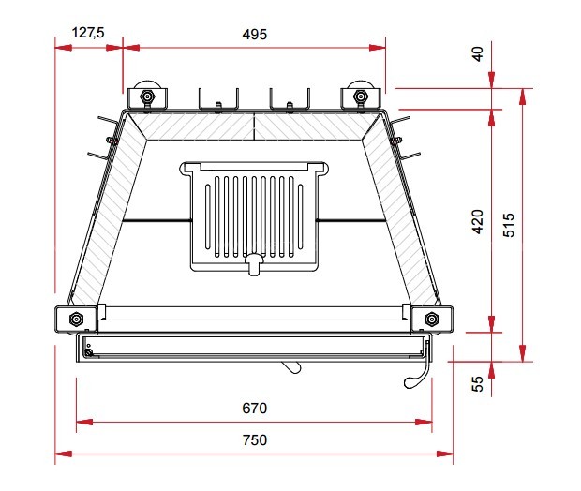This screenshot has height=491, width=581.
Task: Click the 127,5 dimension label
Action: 88,33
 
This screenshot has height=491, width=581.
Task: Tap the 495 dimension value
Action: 255,35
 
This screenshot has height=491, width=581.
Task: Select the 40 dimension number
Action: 478,53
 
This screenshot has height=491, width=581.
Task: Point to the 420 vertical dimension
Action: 478,221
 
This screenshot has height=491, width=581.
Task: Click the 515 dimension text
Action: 509,225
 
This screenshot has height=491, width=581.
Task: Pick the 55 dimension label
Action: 478,383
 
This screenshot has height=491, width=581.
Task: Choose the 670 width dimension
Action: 255,408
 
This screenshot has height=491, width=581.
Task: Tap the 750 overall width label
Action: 255,439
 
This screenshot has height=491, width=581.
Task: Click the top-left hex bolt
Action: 147,97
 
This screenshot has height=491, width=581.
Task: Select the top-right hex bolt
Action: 360,97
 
